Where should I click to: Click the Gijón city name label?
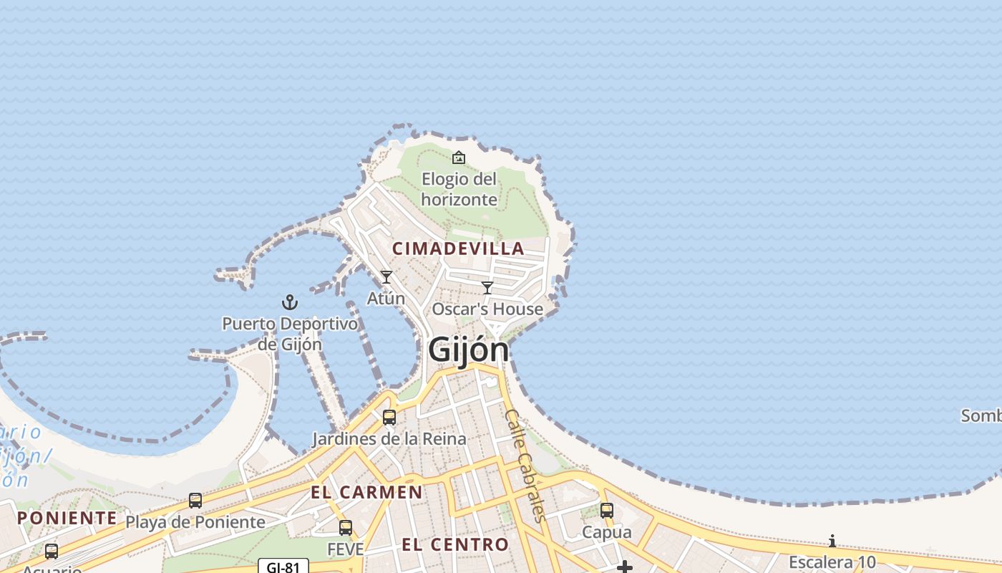tap(469, 350)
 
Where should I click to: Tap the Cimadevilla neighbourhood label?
tap(458, 249)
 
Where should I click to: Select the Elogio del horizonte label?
tap(459, 189)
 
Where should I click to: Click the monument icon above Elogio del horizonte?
tap(459, 157)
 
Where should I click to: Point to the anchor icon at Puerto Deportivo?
tap(290, 302)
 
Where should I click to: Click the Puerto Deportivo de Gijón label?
tap(290, 334)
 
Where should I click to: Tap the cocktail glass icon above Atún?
tap(386, 277)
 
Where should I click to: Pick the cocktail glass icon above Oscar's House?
tap(487, 288)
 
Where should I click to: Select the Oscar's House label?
tap(487, 309)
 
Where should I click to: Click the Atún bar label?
tap(386, 298)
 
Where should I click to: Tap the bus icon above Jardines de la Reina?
tap(389, 417)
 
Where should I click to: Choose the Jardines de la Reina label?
tap(389, 438)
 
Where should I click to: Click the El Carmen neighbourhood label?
tap(366, 492)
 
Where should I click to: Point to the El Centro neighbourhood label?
tap(455, 544)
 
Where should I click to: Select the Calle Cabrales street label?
tap(525, 465)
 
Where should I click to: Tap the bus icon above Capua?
tap(607, 511)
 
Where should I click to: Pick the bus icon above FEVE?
tap(346, 528)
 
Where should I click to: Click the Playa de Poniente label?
tap(195, 522)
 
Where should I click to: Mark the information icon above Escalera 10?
tap(832, 541)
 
